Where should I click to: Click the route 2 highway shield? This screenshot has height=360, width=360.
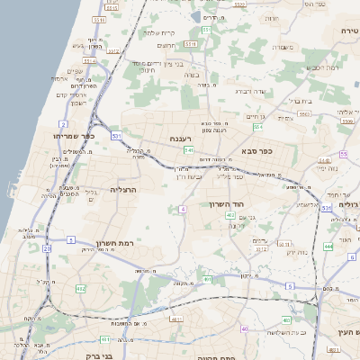(x=63, y=123)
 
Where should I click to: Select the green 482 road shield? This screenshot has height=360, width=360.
(x=81, y=289)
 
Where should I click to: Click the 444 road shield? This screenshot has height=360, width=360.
(x=328, y=246)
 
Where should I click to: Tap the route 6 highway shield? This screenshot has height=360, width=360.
(x=352, y=257)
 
